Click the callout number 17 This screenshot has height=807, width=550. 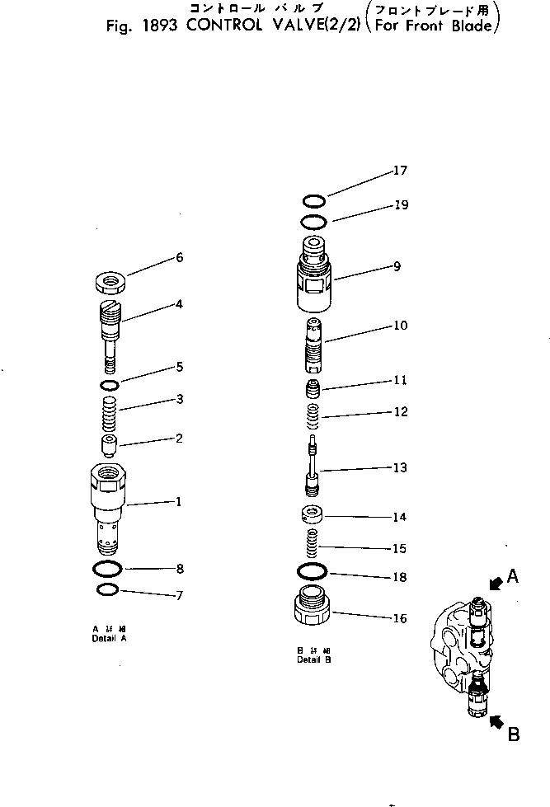click(x=400, y=171)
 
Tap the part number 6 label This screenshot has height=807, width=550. click(x=179, y=258)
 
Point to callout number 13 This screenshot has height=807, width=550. click(x=400, y=467)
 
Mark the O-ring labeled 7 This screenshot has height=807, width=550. click(x=108, y=589)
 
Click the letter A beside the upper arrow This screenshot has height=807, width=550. click(x=512, y=577)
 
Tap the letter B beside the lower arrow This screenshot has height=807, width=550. click(x=513, y=734)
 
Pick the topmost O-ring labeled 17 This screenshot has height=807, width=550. click(x=313, y=200)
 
